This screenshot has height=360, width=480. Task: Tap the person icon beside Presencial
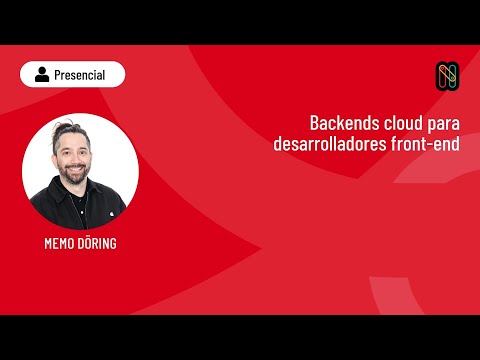[x=42, y=74]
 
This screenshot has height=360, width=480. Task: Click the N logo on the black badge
[x=446, y=75]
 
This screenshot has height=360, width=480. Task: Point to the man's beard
[x=77, y=172]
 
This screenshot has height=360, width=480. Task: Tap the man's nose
[x=77, y=155]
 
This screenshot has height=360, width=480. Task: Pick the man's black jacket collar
[x=60, y=190]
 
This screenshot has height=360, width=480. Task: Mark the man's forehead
[x=76, y=138]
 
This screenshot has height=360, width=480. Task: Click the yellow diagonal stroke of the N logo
[x=446, y=75]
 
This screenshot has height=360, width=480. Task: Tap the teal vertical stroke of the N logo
[x=441, y=76]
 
